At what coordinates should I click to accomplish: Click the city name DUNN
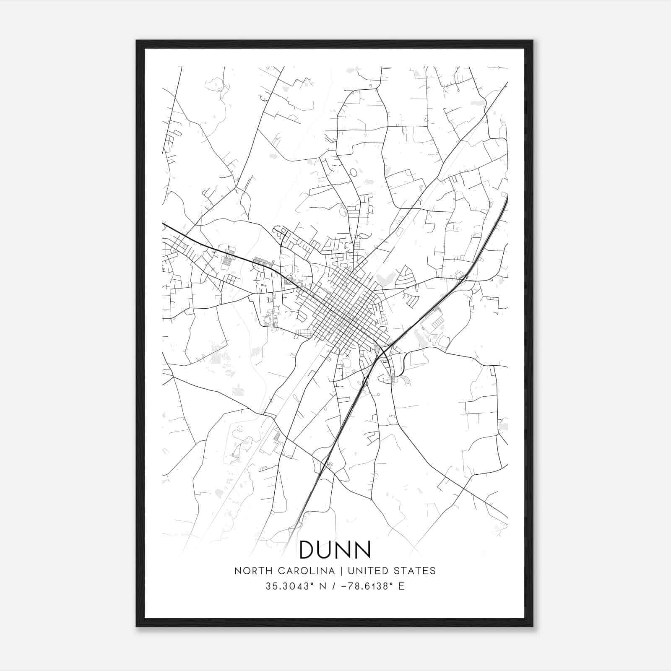335,549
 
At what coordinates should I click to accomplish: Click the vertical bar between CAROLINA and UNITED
341,571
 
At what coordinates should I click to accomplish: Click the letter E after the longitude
402,586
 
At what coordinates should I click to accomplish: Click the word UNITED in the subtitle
368,571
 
